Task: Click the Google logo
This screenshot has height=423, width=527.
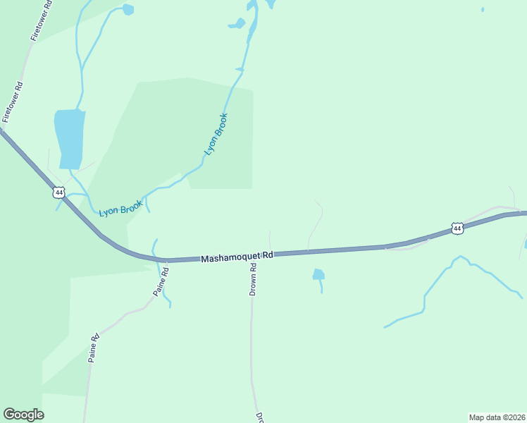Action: [23, 415]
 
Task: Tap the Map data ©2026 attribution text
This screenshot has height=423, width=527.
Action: [497, 417]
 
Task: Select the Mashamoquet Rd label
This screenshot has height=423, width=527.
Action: [237, 257]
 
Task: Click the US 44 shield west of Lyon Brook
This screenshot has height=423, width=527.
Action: [58, 192]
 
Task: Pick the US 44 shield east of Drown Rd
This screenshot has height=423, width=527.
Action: [457, 228]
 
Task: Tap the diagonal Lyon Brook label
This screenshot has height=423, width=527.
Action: [216, 134]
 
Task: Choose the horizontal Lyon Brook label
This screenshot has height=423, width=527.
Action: [120, 209]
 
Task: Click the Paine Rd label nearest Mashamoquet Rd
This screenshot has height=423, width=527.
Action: [160, 281]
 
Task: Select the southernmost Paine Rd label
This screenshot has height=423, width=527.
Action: [94, 348]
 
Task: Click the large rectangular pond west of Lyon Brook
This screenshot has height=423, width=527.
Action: [70, 139]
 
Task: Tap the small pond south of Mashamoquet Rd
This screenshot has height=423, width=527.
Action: [318, 274]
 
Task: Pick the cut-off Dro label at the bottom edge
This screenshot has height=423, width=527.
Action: [259, 417]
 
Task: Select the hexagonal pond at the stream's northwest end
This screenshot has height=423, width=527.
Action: [128, 10]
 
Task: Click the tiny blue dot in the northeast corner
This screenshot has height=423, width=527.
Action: [483, 10]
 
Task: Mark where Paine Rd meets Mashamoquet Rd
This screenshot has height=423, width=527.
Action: [166, 260]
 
